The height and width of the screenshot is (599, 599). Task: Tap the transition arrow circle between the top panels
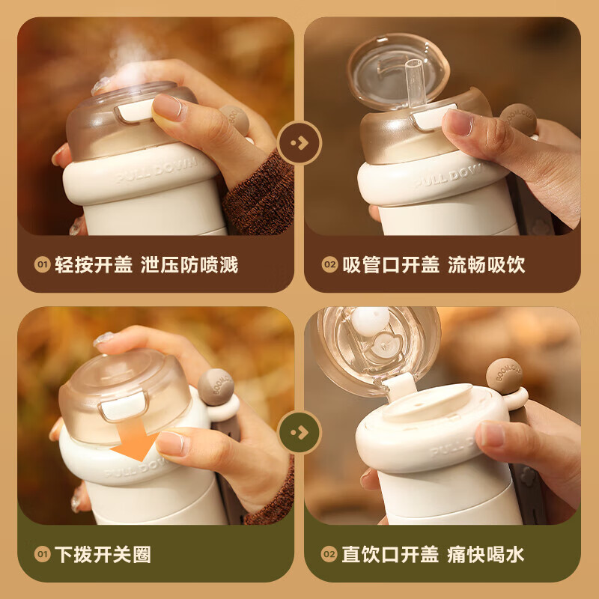click(x=299, y=142)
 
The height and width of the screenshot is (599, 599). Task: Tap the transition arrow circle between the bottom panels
click(x=299, y=432)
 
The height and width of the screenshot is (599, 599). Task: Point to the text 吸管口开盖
click(x=390, y=264)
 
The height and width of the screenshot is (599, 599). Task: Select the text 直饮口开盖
click(x=390, y=554)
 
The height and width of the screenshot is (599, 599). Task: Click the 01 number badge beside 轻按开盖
click(x=42, y=265)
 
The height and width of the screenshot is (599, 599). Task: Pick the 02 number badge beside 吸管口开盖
click(x=329, y=265)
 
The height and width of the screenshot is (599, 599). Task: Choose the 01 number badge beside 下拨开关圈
click(x=42, y=555)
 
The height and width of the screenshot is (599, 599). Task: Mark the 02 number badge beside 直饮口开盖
click(x=329, y=555)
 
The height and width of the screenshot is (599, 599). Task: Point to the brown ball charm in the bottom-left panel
click(x=216, y=383)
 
